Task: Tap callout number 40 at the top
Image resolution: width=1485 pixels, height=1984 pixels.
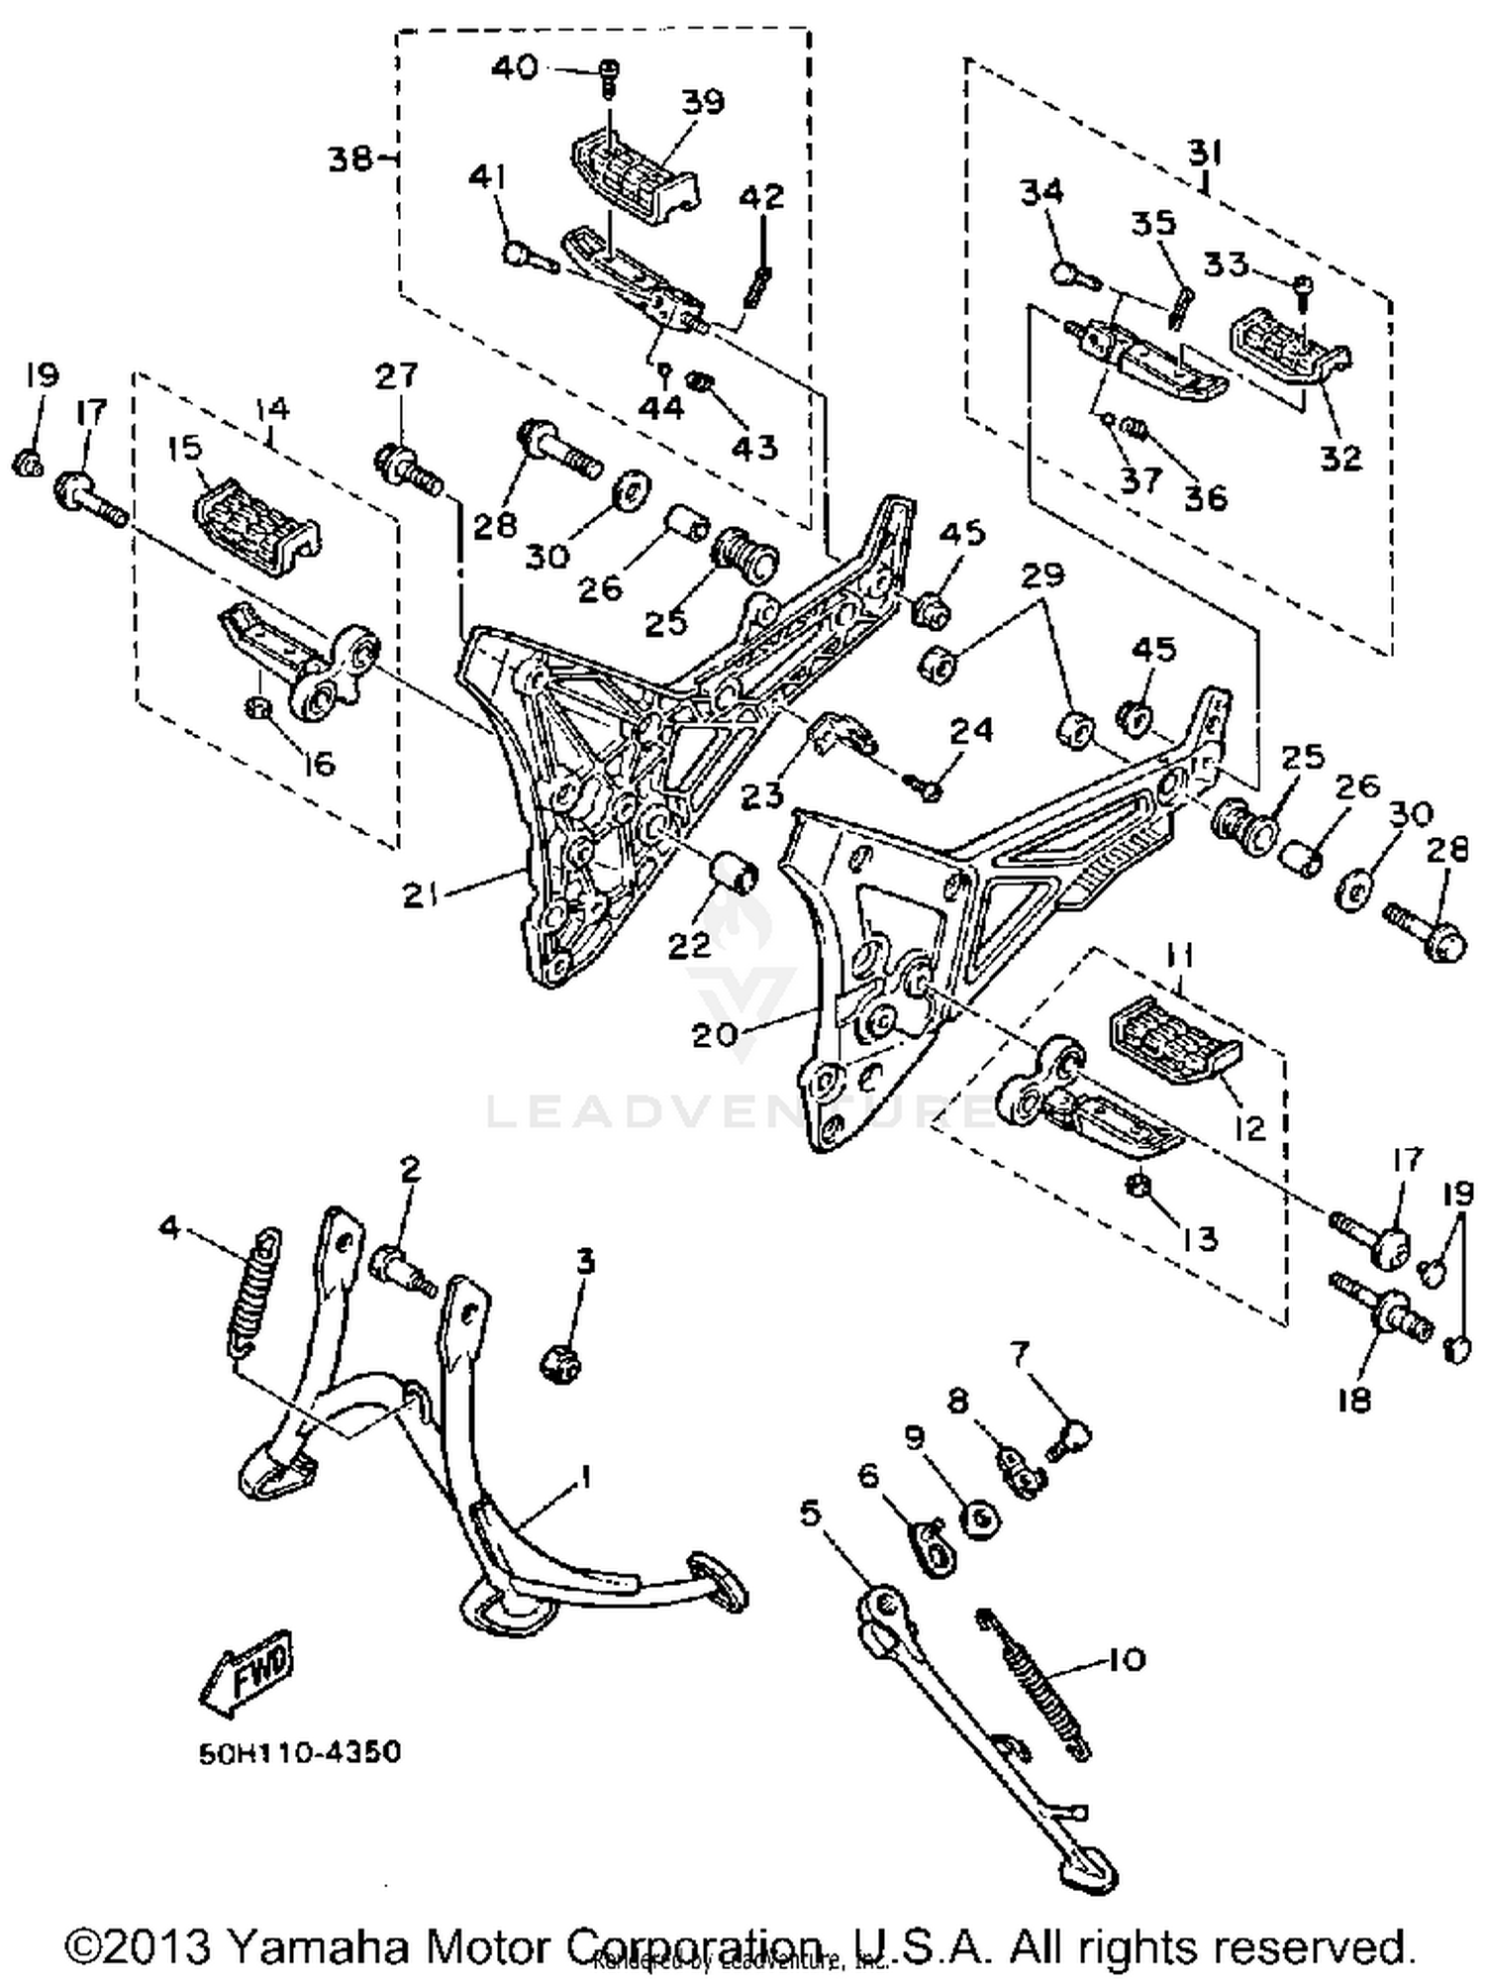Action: point(516,67)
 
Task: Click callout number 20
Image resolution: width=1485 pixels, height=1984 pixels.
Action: point(715,1034)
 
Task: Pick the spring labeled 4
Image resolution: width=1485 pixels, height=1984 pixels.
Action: point(253,1292)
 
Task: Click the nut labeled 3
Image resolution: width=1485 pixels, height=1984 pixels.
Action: point(560,1365)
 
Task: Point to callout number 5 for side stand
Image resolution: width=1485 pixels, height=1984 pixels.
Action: point(810,1513)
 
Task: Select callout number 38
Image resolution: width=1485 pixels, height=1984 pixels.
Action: point(351,158)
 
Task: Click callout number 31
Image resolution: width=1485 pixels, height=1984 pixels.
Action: point(1205,153)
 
